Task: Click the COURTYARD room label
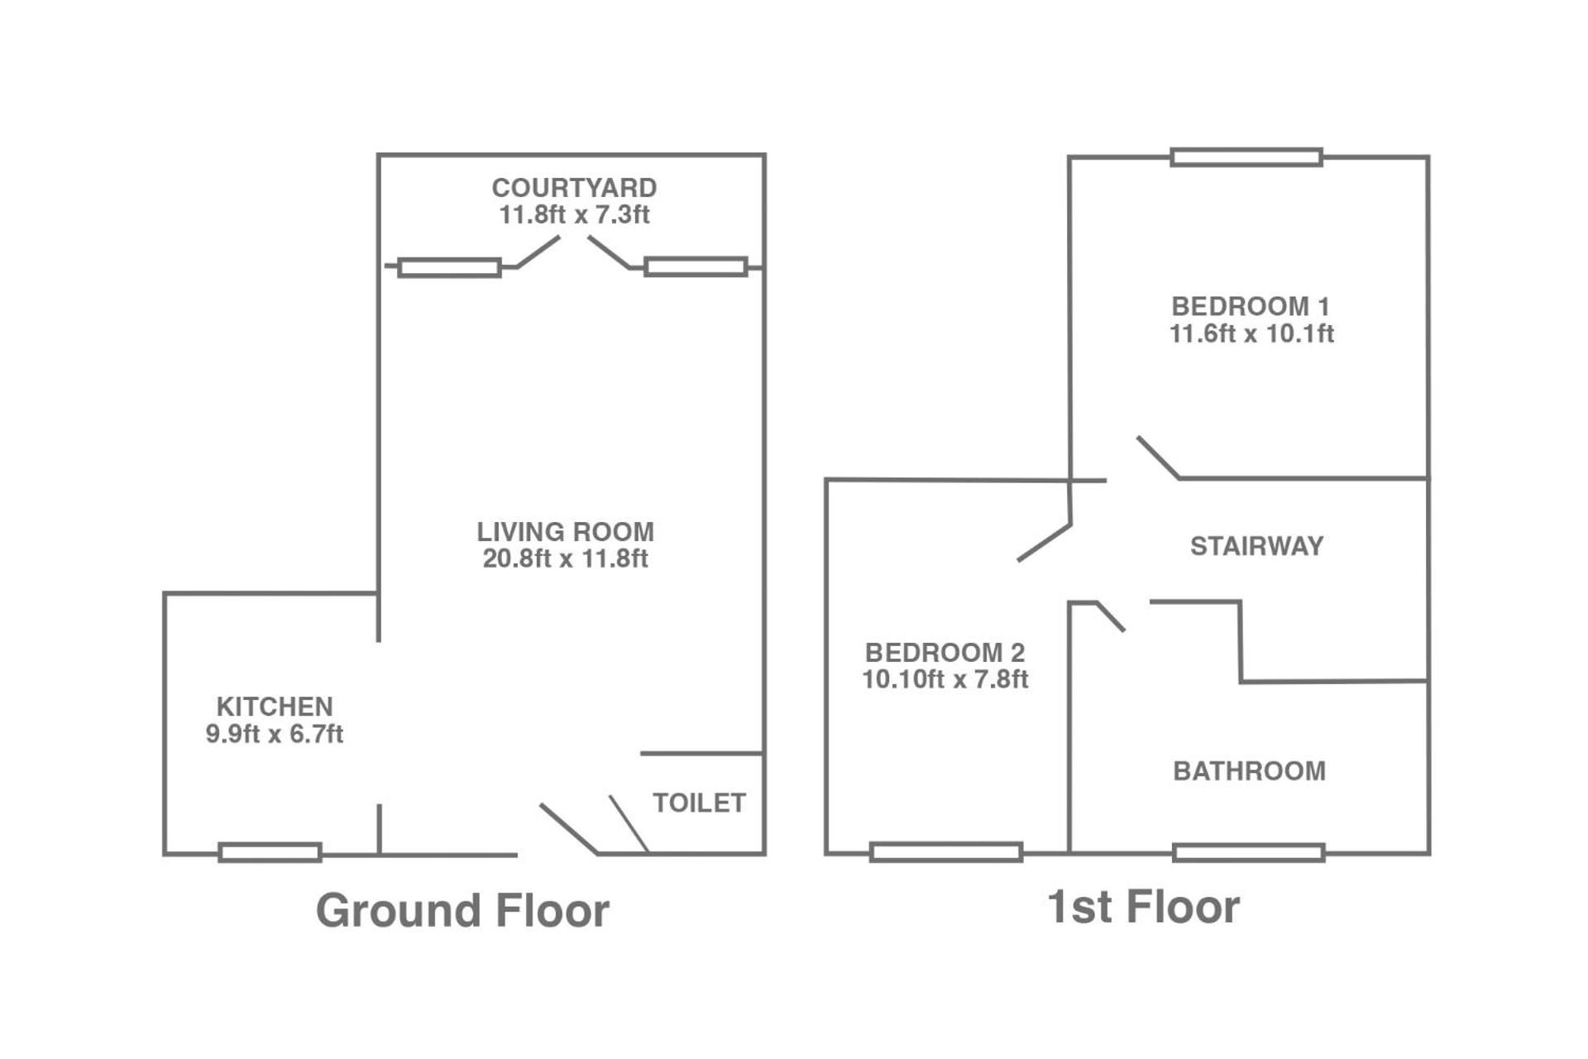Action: [574, 188]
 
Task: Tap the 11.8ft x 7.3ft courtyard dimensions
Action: [574, 215]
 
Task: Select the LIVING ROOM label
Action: [565, 531]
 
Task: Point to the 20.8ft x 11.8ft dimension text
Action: [565, 558]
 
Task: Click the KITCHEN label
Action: [275, 707]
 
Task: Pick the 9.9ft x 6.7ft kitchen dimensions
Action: [275, 734]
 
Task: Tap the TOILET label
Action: [699, 803]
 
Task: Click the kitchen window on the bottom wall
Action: [270, 852]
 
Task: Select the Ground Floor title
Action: [462, 911]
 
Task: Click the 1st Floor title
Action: [1143, 907]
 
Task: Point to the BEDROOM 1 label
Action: [1251, 306]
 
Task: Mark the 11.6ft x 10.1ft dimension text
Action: [1251, 333]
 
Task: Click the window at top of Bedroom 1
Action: [1246, 157]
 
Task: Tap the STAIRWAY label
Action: [1256, 546]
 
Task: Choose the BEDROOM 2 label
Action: [945, 652]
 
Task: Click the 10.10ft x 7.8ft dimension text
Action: [945, 679]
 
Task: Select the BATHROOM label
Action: [1249, 771]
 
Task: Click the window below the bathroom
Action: [1248, 852]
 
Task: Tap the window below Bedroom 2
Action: [945, 852]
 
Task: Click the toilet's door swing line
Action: [629, 824]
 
